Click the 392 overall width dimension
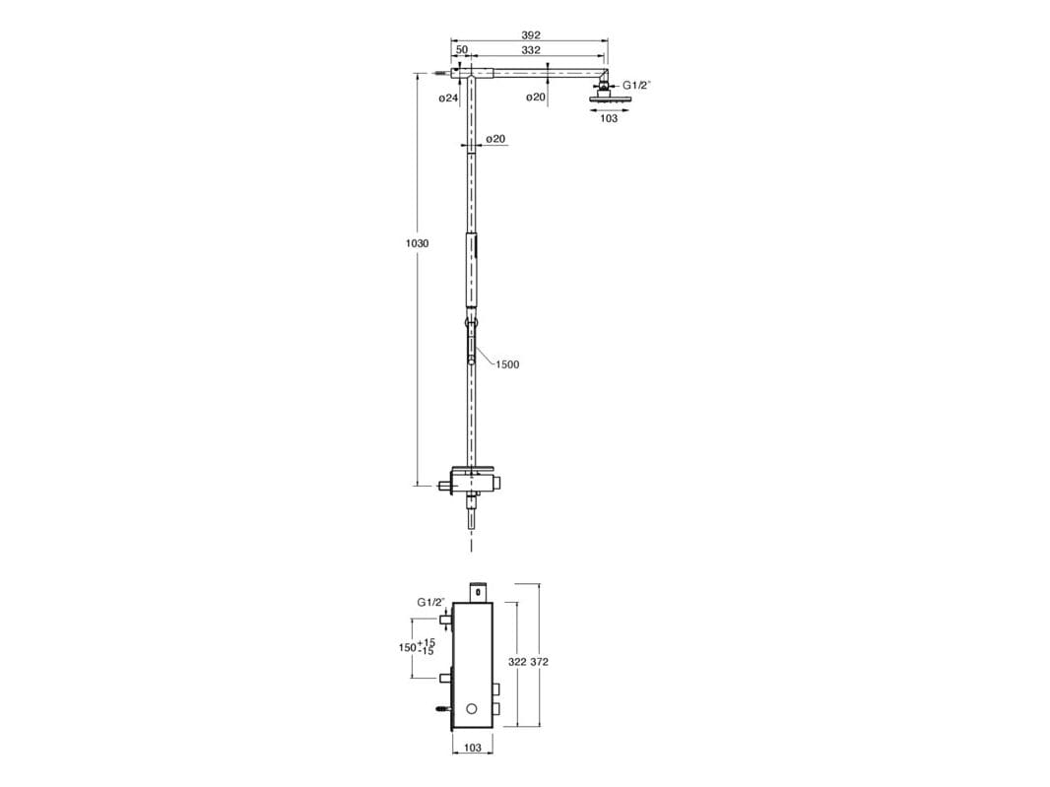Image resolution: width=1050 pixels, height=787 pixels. (x=530, y=34)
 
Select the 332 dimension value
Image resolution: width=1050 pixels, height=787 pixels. (x=530, y=50)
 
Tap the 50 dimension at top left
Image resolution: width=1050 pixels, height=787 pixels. (x=462, y=50)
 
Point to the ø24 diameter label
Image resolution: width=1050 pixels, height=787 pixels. (x=448, y=98)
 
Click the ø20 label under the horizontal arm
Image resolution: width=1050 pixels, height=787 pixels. (x=536, y=98)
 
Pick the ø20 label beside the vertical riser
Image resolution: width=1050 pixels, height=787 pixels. (x=495, y=139)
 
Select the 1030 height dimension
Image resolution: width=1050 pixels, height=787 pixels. (x=418, y=244)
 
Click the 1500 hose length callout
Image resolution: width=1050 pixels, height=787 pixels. (x=507, y=365)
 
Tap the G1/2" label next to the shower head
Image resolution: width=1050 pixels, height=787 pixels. (x=637, y=85)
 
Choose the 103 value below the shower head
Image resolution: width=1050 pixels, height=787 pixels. (x=609, y=118)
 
